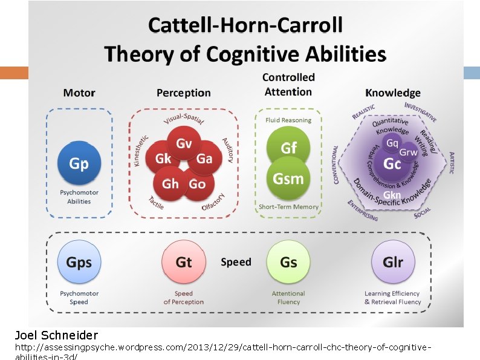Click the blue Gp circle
[79, 163]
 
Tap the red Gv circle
[184, 144]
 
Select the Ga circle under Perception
[204, 159]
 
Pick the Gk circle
[163, 159]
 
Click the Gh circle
[170, 184]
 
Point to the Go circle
[197, 184]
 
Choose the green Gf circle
[288, 147]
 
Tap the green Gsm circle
[288, 178]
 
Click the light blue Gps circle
[79, 262]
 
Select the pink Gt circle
[183, 262]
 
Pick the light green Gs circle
[288, 262]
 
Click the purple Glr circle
[393, 262]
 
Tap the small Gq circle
[392, 143]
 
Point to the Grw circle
[409, 152]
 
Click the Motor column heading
[79, 93]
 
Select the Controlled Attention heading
[288, 85]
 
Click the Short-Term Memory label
[288, 207]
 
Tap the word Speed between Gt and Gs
[236, 262]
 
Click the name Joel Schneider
[56, 335]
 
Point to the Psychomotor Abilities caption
[79, 197]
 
